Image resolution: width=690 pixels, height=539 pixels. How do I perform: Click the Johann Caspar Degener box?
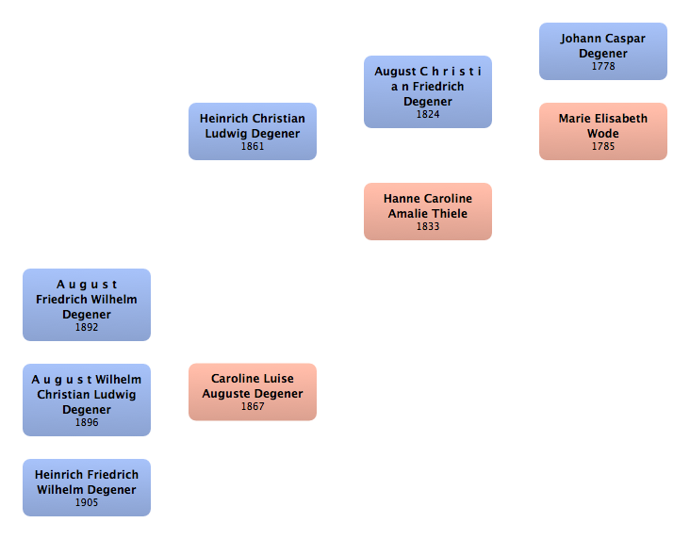pos(602,51)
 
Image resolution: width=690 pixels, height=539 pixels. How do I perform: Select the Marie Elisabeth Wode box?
pos(602,131)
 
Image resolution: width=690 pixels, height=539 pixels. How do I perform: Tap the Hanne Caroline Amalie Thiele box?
pos(427,211)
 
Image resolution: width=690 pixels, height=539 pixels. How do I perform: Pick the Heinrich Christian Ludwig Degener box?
pos(252,131)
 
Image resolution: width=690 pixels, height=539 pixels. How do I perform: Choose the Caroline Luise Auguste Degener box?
pos(252,391)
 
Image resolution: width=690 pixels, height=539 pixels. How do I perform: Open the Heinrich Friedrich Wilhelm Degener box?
pos(86,487)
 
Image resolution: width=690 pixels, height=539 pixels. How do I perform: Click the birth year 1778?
pos(602,67)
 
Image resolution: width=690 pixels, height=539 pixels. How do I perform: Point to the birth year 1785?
pos(602,147)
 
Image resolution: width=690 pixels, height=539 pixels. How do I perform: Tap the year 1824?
pos(427,115)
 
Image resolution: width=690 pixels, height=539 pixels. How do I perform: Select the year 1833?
pos(427,227)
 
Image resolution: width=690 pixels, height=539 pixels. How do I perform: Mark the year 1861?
pos(252,147)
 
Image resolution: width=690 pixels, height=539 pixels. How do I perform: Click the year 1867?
pos(252,407)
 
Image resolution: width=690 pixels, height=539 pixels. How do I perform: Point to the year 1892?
pos(86,328)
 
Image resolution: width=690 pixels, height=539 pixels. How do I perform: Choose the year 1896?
pos(86,423)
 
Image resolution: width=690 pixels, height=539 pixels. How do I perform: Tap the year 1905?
pos(86,503)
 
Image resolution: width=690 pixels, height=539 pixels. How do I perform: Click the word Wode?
pos(602,134)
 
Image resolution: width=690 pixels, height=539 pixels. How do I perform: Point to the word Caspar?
pos(625,39)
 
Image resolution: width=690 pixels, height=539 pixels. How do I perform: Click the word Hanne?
pos(401,199)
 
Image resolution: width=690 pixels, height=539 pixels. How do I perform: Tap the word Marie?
pos(575,119)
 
